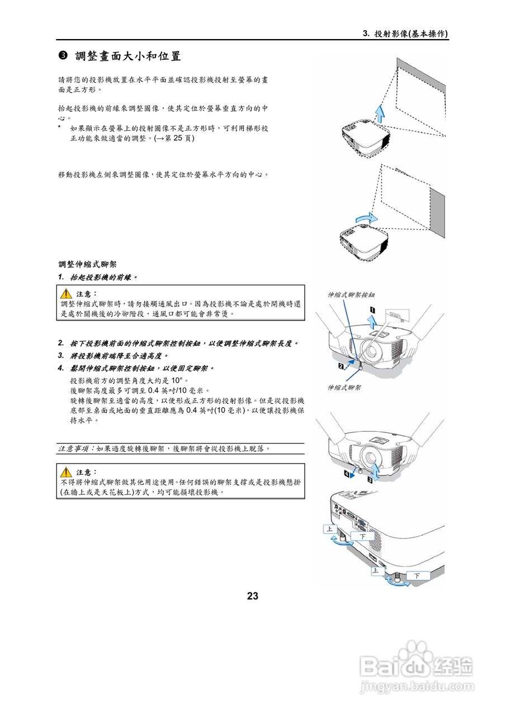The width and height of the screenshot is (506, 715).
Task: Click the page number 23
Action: [253, 596]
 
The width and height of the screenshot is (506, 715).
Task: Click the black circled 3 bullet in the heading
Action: [63, 56]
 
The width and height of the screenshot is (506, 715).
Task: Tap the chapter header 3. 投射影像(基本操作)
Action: [406, 34]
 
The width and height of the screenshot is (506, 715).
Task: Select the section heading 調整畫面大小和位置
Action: [128, 56]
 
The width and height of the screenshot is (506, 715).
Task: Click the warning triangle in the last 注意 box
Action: [67, 473]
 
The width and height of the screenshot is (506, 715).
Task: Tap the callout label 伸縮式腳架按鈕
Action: [351, 294]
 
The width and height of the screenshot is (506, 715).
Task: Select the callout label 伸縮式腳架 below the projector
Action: [344, 387]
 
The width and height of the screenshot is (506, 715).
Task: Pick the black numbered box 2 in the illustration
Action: [340, 366]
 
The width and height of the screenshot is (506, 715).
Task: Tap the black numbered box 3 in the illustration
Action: [370, 479]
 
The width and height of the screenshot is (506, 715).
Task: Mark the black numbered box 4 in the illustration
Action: [347, 474]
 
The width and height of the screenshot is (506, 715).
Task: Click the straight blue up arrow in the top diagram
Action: [380, 114]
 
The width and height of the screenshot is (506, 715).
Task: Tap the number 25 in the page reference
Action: [180, 138]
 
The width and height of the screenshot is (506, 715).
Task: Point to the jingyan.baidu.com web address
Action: [416, 686]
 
